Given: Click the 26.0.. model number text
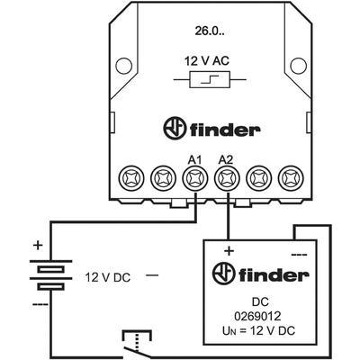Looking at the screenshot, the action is tap(209, 31).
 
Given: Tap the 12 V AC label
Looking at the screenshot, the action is tap(206, 61).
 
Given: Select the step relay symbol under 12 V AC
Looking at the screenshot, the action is tap(210, 79).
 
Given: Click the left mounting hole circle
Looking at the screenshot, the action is tap(124, 66).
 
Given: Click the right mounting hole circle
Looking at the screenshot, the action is tap(299, 66).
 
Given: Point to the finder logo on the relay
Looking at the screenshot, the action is tap(211, 129).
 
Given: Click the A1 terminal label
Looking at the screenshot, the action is tap(195, 160).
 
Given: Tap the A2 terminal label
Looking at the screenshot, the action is tap(226, 160).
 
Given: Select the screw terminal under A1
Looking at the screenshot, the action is tap(195, 179).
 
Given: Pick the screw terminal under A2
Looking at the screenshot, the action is tap(227, 179).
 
